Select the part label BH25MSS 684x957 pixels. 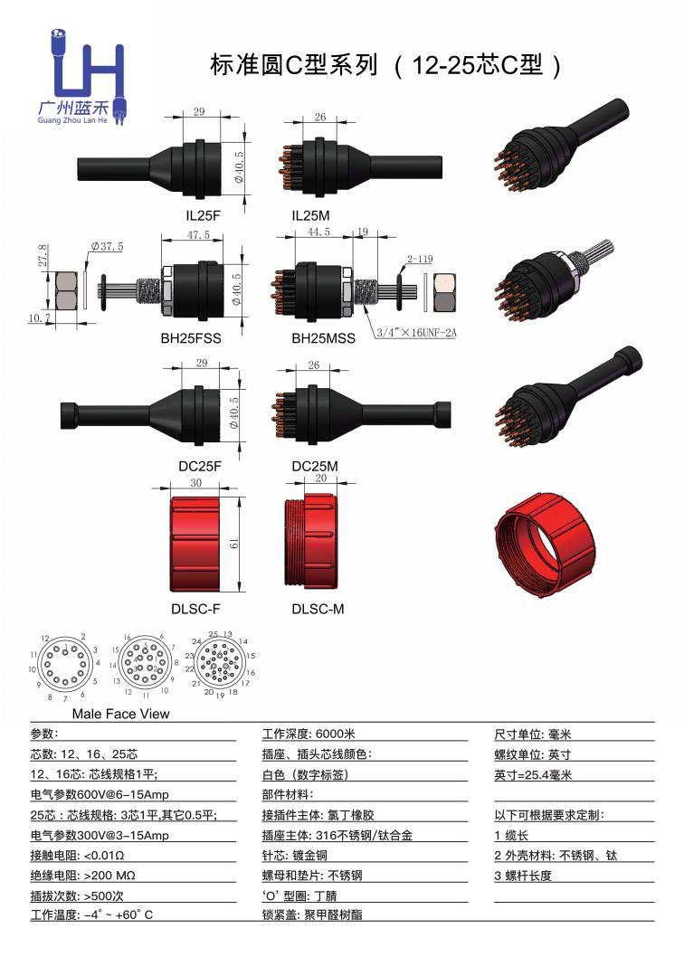tap(322, 339)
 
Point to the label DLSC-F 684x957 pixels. tap(196, 609)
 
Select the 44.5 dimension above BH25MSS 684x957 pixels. tap(318, 232)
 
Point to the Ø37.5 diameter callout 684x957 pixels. tap(107, 246)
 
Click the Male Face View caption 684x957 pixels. tap(120, 714)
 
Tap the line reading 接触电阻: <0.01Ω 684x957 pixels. tap(77, 855)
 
